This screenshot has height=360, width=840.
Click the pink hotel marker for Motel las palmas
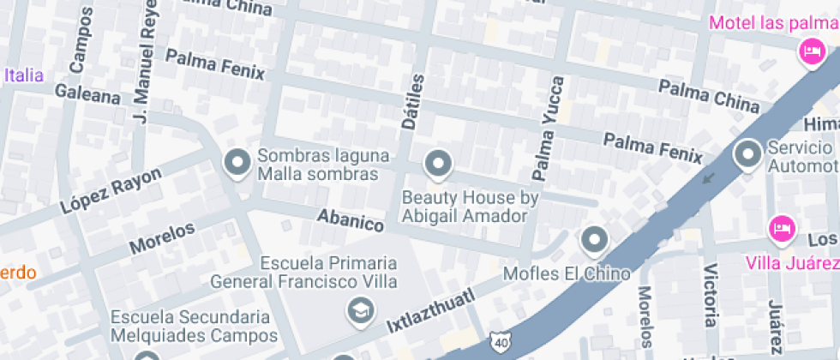coord(809,53)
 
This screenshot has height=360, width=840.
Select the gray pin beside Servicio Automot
coord(748,155)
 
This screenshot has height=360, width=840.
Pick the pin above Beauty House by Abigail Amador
coord(439,163)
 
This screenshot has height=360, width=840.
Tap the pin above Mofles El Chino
coord(594,240)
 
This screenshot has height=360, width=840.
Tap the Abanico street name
coord(350,220)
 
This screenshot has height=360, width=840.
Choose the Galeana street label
coord(87,93)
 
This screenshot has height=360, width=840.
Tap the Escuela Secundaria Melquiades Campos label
coord(190,326)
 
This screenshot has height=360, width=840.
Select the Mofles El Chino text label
coord(567,273)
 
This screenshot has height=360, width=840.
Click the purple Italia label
coord(23,75)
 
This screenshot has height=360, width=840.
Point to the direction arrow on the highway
coord(708,178)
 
